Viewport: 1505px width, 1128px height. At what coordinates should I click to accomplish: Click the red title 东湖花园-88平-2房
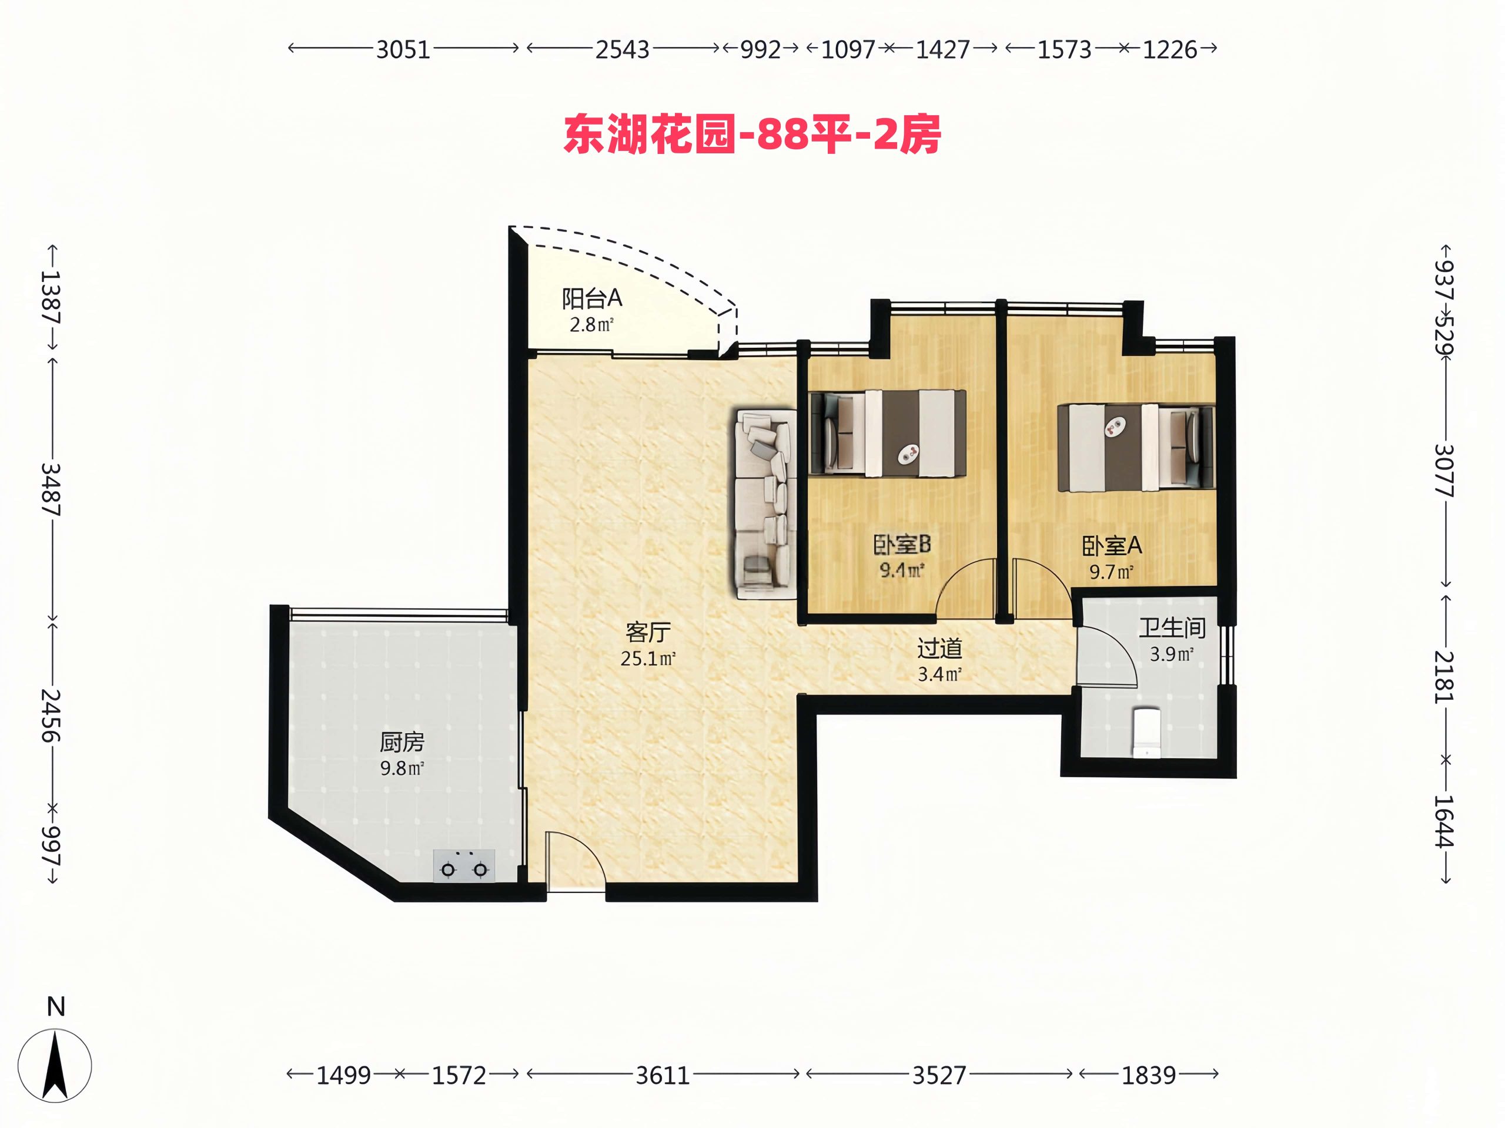(x=752, y=135)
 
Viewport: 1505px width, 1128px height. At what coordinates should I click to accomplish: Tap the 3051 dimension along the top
(x=403, y=49)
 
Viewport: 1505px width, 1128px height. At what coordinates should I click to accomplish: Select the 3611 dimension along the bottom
(x=663, y=1076)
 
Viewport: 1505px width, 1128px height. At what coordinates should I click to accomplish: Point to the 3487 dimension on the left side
(x=52, y=489)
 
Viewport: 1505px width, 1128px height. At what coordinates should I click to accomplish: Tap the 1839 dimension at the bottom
(x=1149, y=1076)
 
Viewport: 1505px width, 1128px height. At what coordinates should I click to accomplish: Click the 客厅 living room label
(x=648, y=632)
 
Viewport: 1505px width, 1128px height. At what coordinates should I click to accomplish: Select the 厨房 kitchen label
(x=402, y=742)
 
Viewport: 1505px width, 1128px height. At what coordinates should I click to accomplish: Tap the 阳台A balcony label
(x=592, y=298)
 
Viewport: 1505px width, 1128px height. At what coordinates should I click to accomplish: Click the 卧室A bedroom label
(x=1112, y=545)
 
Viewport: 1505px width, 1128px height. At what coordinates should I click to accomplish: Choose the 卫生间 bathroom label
(x=1172, y=627)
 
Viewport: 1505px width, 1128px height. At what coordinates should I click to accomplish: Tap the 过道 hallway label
(x=939, y=649)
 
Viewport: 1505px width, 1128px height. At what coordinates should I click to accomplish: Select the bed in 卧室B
(x=888, y=432)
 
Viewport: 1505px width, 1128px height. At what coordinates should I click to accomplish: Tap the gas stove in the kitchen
(x=464, y=865)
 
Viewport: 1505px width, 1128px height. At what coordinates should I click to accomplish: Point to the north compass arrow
(x=55, y=1065)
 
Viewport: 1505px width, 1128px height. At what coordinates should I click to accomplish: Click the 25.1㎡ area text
(x=648, y=658)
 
